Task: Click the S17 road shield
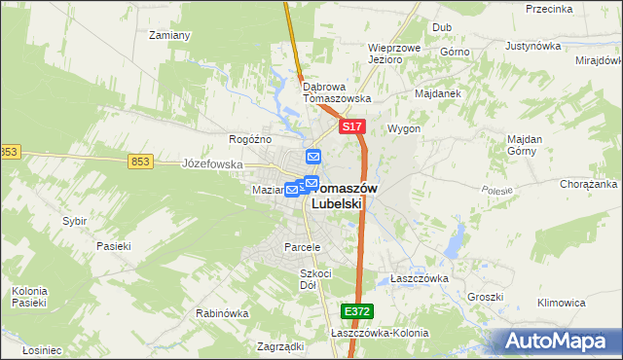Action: point(352,127)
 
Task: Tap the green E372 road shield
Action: point(355,311)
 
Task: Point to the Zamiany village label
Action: point(167,35)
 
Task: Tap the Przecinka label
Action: point(548,9)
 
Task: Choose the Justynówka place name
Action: point(534,46)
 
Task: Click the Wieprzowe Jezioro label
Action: point(393,53)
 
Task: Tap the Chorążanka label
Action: point(587,184)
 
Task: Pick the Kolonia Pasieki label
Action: point(29,297)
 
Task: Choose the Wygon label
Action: point(404,128)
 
